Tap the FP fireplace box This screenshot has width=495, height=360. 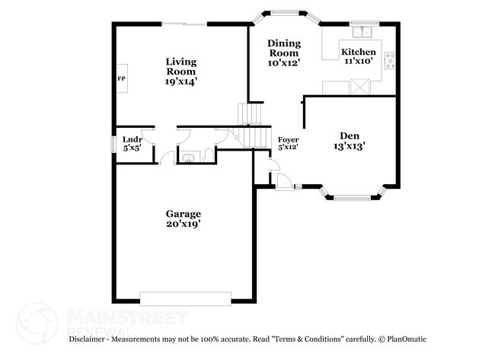pyautogui.click(x=121, y=78)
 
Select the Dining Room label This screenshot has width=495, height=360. pyautogui.click(x=283, y=49)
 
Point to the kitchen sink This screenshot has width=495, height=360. pyautogui.click(x=359, y=33)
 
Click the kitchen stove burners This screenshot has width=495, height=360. pyautogui.click(x=391, y=61)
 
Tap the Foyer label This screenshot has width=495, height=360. pyautogui.click(x=287, y=139)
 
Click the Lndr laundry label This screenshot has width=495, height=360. pyautogui.click(x=133, y=139)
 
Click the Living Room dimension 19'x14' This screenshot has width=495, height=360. pyautogui.click(x=182, y=81)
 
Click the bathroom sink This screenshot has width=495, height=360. pyautogui.click(x=187, y=158)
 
